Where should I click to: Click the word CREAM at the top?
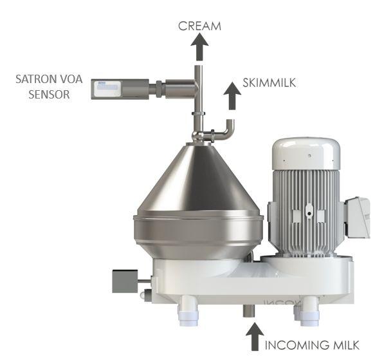click(199, 26)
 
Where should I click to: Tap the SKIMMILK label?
click(269, 82)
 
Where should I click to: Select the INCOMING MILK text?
click(312, 345)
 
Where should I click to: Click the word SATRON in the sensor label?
click(34, 79)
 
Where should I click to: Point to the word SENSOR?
click(49, 95)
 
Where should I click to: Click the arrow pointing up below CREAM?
click(199, 47)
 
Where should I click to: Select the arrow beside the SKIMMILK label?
click(232, 96)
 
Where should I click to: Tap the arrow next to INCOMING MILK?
click(255, 337)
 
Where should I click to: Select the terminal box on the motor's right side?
click(358, 218)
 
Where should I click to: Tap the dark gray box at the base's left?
click(125, 281)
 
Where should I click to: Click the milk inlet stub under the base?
click(248, 310)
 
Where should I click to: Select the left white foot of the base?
click(188, 310)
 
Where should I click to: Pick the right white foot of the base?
click(309, 310)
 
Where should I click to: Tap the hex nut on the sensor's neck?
click(159, 89)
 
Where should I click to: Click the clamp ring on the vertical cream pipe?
click(199, 113)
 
